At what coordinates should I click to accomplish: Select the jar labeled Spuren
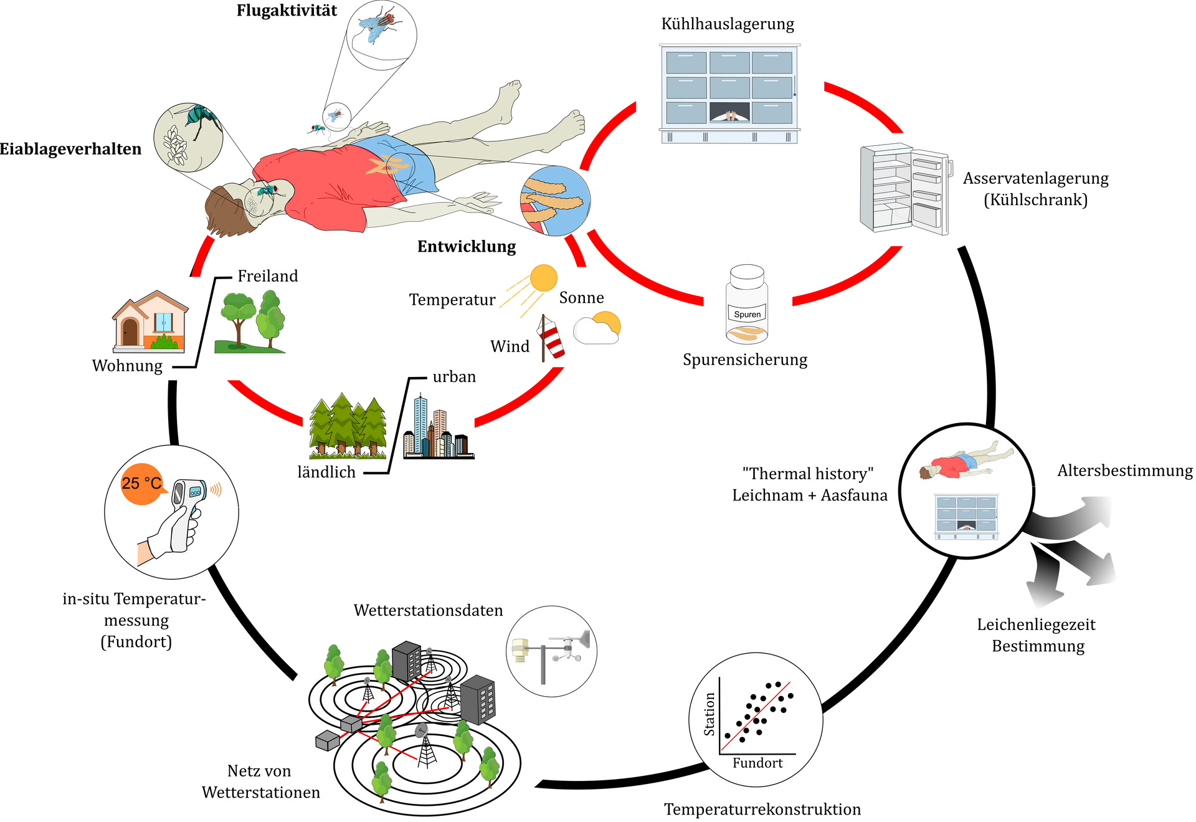pyautogui.click(x=747, y=305)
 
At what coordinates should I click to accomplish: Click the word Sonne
pyautogui.click(x=581, y=298)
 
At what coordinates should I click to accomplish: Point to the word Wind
pyautogui.click(x=510, y=346)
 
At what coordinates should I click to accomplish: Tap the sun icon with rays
pyautogui.click(x=542, y=278)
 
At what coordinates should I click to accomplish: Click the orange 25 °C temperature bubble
pyautogui.click(x=141, y=484)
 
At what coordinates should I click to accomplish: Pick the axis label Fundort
pyautogui.click(x=757, y=763)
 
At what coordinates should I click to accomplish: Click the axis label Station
pyautogui.click(x=709, y=714)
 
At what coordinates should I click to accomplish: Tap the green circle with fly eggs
pyautogui.click(x=187, y=137)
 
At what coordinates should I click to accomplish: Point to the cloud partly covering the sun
pyautogui.click(x=595, y=331)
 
